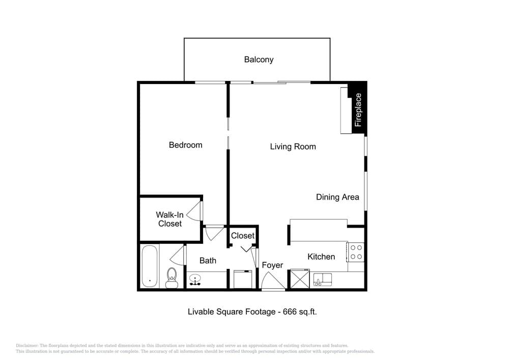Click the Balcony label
pos(259,60)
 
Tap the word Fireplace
pos(358,109)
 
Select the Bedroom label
pos(185,145)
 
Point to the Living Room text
pos(293,147)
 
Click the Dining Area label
pos(337,197)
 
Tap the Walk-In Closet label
pos(170,219)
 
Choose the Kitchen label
pos(321,257)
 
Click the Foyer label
pos(272,265)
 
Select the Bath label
pos(208,261)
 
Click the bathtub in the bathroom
pos(150,266)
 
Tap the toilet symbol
pos(172,278)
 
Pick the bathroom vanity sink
pos(195,280)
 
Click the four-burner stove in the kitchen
pos(355,252)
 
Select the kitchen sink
pos(322,280)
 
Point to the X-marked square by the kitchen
pos(300,279)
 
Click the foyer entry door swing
pos(273,281)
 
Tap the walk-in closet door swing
pos(194,211)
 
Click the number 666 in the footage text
pos(290,312)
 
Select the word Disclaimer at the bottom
pos(27,346)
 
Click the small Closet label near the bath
pos(242,236)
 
